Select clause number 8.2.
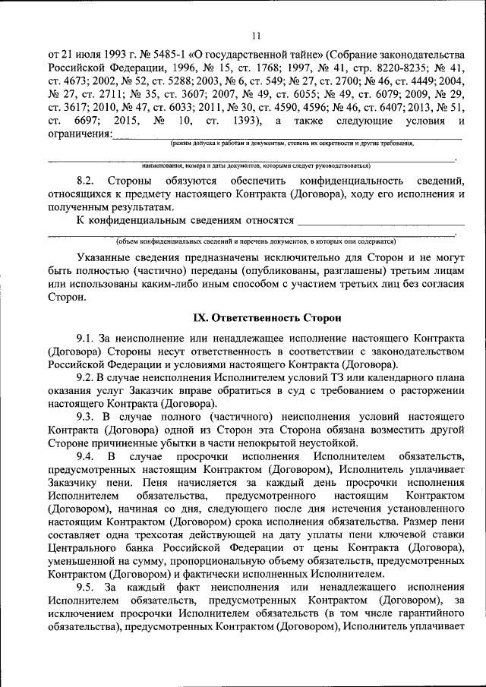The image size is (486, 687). coord(88,181)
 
